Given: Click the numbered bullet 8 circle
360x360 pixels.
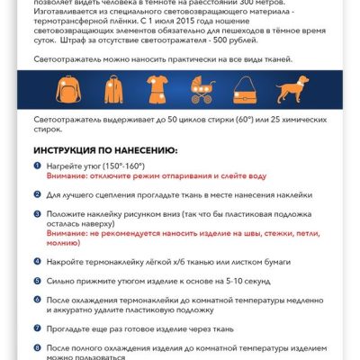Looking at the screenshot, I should point(38,346).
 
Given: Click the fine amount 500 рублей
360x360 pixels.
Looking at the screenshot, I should point(244,40).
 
